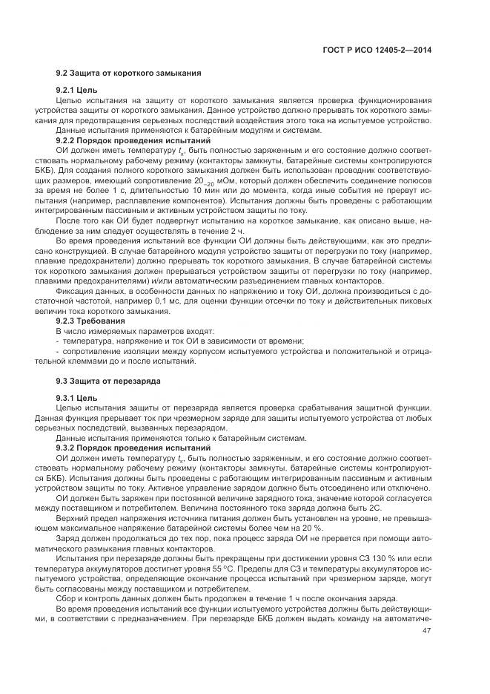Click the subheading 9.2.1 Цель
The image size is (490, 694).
point(76,90)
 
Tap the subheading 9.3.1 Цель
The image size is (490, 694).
point(76,397)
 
